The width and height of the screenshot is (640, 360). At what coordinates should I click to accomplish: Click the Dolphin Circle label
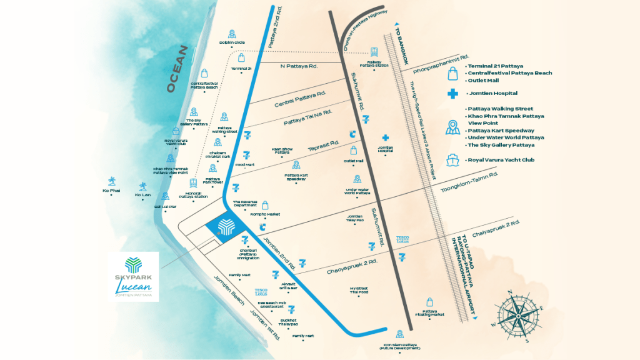click(231, 42)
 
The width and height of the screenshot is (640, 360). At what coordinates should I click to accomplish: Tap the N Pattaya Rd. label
click(299, 66)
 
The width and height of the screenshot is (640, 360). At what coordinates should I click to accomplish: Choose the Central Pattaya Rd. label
click(300, 99)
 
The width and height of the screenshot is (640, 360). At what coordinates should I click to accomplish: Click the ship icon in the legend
click(452, 159)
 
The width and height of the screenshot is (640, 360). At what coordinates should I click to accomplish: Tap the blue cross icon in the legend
click(452, 94)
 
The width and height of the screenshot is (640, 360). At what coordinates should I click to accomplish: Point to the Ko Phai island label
click(111, 191)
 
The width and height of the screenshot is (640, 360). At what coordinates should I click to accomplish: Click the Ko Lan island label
click(143, 194)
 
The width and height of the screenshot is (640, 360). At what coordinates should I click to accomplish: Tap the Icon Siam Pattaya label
click(400, 346)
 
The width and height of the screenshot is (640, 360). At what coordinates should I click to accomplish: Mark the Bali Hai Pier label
click(166, 206)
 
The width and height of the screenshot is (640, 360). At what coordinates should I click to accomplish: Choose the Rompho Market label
click(265, 214)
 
